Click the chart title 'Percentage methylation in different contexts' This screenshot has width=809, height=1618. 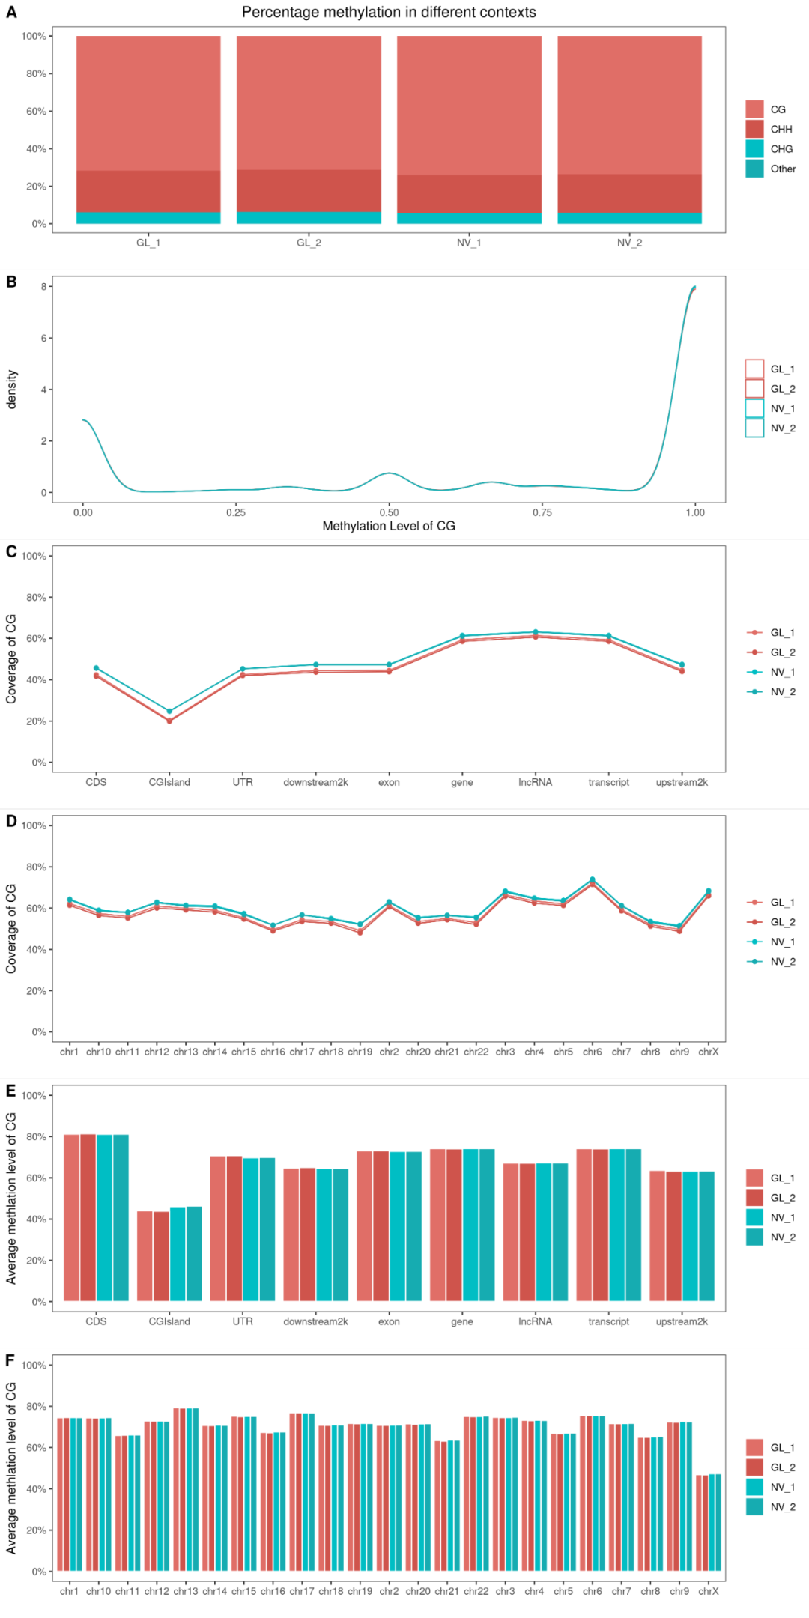389,13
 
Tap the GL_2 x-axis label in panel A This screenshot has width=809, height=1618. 309,243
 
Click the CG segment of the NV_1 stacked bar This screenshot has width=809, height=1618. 469,105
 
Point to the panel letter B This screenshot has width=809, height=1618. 11,282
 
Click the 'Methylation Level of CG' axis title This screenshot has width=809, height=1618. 389,526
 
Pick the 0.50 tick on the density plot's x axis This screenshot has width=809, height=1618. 389,512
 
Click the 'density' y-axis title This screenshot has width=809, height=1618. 11,390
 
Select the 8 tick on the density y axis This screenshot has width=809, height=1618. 43,286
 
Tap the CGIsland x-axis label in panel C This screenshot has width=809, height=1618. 169,782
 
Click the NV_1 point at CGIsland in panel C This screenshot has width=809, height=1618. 169,711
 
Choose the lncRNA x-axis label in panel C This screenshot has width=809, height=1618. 535,782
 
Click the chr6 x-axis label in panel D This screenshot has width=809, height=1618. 592,1052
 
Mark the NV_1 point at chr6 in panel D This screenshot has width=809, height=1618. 592,879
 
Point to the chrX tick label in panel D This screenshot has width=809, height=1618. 708,1052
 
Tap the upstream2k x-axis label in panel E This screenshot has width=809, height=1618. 682,1321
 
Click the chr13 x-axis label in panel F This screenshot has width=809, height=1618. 186,1591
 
